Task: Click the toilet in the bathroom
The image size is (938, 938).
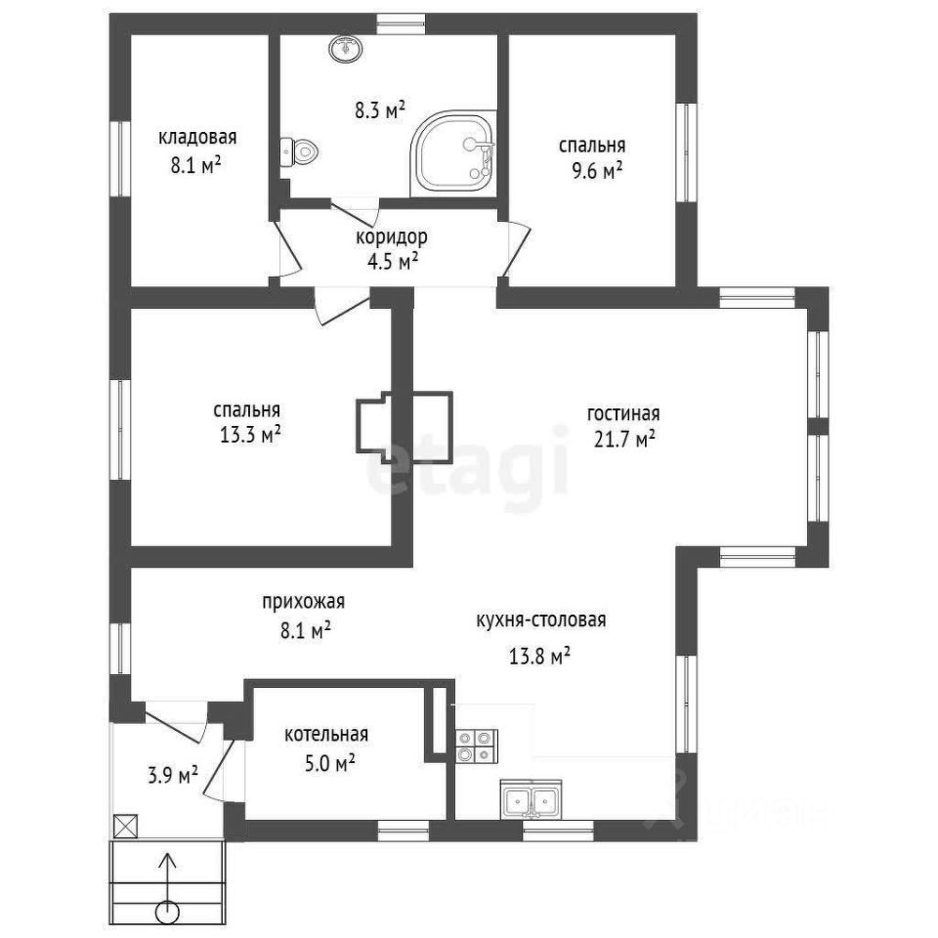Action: tap(299, 152)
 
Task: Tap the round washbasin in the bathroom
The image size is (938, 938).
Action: tap(345, 48)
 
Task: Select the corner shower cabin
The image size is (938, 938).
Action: tap(454, 153)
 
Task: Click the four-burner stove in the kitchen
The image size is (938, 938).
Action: tap(477, 746)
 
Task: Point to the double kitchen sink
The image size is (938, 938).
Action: tap(531, 799)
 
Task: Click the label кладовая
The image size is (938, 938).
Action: tap(197, 138)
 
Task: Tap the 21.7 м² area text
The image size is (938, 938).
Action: tap(624, 440)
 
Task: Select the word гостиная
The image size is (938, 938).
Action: tap(623, 413)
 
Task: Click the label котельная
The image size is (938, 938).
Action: tap(326, 734)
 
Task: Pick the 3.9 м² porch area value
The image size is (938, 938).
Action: tap(173, 776)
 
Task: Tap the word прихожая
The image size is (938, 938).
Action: tap(304, 601)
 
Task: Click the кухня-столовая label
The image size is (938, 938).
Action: tap(540, 619)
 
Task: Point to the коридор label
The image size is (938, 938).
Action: tap(392, 237)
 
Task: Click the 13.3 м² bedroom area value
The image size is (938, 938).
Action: tap(251, 435)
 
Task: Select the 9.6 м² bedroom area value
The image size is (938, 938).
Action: tap(596, 171)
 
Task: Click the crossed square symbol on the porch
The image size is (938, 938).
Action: tap(126, 827)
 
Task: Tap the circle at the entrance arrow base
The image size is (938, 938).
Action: tap(167, 913)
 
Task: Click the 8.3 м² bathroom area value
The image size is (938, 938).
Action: tap(380, 110)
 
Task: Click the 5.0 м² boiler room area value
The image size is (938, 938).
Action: tap(330, 763)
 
